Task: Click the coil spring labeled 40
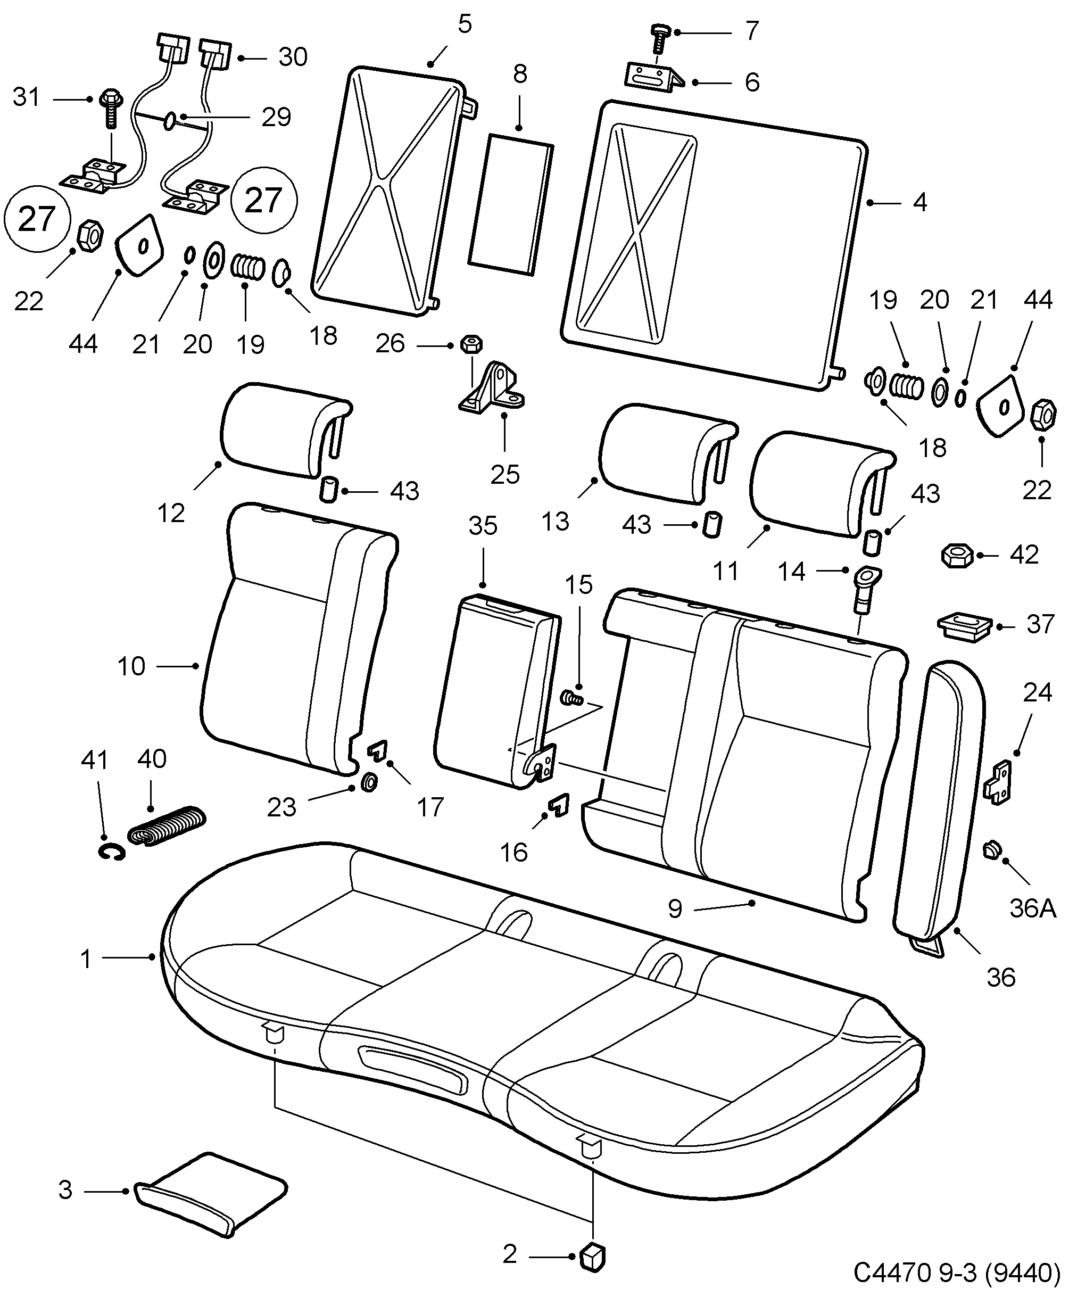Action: (x=167, y=826)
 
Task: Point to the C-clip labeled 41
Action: (x=112, y=852)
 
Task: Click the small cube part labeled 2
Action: (x=592, y=1257)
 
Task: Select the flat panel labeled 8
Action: (x=511, y=206)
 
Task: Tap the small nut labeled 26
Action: (x=473, y=344)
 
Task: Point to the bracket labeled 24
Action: (x=999, y=782)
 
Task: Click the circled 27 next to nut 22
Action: (x=37, y=219)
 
